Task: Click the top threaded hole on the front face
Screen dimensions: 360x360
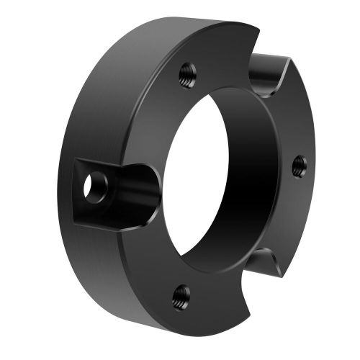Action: coord(186,71)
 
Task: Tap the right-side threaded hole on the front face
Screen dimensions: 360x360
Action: coord(300,166)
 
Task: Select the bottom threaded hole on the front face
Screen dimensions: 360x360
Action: coord(181,293)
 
